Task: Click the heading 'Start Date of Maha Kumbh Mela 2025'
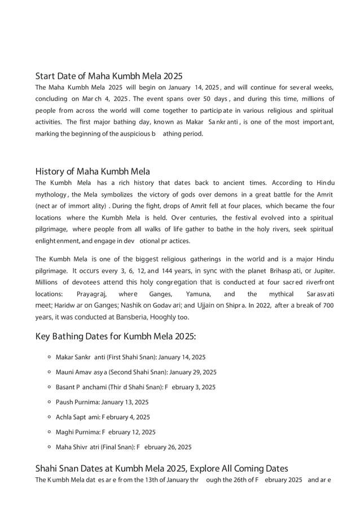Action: click(x=109, y=76)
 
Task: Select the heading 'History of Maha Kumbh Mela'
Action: click(x=93, y=171)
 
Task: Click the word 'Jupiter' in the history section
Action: click(x=324, y=271)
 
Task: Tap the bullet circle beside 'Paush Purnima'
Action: click(x=50, y=402)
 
